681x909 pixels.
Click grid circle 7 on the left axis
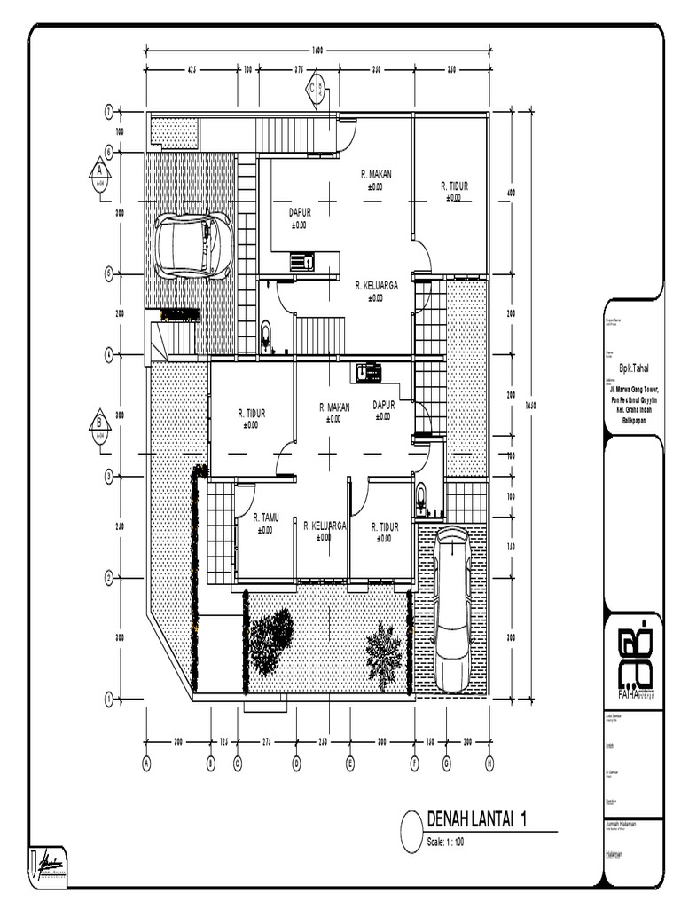click(x=108, y=112)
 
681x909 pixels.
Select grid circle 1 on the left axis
click(x=108, y=700)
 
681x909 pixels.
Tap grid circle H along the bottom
click(x=489, y=762)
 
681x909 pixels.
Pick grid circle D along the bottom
click(x=297, y=762)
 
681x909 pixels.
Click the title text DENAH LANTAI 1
click(x=477, y=820)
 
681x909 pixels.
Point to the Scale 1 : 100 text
click(x=446, y=842)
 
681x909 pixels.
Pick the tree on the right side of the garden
click(x=384, y=653)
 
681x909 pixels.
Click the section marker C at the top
click(x=315, y=87)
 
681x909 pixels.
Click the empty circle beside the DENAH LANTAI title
click(x=411, y=832)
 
